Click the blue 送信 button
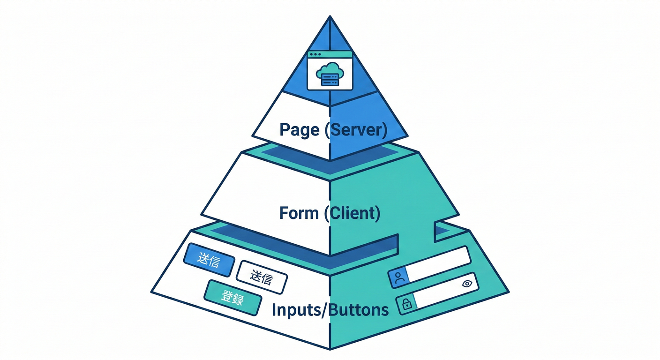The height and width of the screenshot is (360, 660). click(209, 260)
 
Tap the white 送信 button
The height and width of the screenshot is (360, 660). click(262, 277)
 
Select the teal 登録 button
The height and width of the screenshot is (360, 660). click(232, 298)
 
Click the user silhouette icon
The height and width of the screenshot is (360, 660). click(399, 278)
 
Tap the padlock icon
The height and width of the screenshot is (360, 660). click(406, 304)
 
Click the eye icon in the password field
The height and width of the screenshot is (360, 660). click(466, 283)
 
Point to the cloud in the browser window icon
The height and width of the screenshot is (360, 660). click(330, 70)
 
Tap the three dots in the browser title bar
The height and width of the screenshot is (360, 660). click(314, 54)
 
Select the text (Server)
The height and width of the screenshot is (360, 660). click(356, 130)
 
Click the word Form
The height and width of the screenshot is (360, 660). click(299, 213)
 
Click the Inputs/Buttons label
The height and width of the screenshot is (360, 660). click(330, 310)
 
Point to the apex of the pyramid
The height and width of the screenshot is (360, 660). click(330, 17)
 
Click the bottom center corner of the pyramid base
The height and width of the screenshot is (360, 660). click(330, 349)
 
